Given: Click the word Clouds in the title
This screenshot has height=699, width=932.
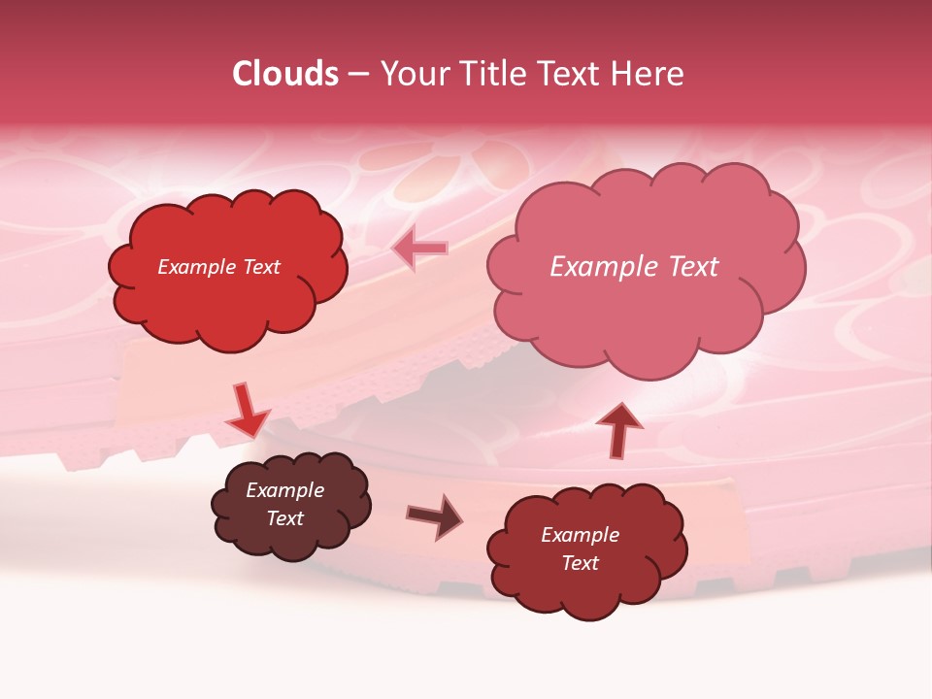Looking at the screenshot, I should pyautogui.click(x=285, y=74).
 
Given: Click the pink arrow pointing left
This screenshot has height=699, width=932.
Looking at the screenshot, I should pyautogui.click(x=420, y=250).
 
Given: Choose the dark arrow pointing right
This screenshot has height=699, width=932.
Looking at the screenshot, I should pyautogui.click(x=435, y=516).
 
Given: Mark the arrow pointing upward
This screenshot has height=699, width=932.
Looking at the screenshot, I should pyautogui.click(x=617, y=429).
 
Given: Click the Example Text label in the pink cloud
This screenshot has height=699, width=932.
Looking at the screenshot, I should pyautogui.click(x=634, y=267).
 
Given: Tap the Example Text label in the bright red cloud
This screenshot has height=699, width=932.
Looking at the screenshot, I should pyautogui.click(x=218, y=267).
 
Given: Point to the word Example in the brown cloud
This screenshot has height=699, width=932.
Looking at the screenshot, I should pyautogui.click(x=284, y=490).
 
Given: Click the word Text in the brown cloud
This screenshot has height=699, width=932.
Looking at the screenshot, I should pyautogui.click(x=284, y=518).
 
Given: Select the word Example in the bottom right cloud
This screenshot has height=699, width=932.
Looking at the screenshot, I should pyautogui.click(x=580, y=535).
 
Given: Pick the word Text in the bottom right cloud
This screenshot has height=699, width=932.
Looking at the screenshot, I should pyautogui.click(x=580, y=563).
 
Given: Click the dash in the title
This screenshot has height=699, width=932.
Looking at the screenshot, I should pyautogui.click(x=358, y=74).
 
